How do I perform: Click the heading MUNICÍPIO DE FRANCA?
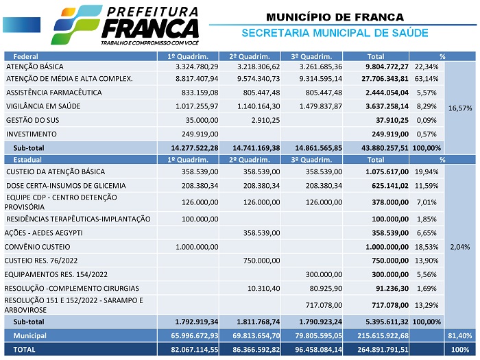coord(335,16)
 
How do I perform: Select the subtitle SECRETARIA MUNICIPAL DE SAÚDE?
coord(335,33)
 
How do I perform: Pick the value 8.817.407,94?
coord(196,79)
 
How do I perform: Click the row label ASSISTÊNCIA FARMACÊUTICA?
coord(53,92)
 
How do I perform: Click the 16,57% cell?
coord(459,108)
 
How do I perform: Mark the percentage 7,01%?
coord(426,202)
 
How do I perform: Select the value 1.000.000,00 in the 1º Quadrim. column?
coord(197,246)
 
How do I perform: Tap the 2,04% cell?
coord(459,246)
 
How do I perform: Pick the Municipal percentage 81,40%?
coord(459,335)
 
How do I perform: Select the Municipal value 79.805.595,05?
coord(312,335)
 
